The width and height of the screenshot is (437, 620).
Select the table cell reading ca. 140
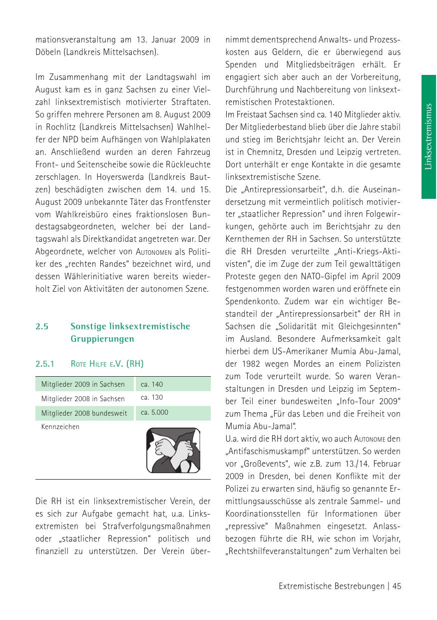[152, 384]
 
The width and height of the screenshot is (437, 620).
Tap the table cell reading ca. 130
[152, 398]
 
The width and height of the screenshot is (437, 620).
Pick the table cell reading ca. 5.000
[154, 413]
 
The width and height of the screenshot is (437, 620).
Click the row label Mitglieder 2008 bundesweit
[84, 413]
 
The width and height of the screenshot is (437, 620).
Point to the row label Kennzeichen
[60, 427]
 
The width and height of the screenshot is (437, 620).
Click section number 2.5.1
[44, 364]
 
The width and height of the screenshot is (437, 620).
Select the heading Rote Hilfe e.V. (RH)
[107, 364]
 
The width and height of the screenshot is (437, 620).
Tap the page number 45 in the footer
[397, 587]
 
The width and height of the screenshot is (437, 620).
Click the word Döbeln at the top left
[48, 52]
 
